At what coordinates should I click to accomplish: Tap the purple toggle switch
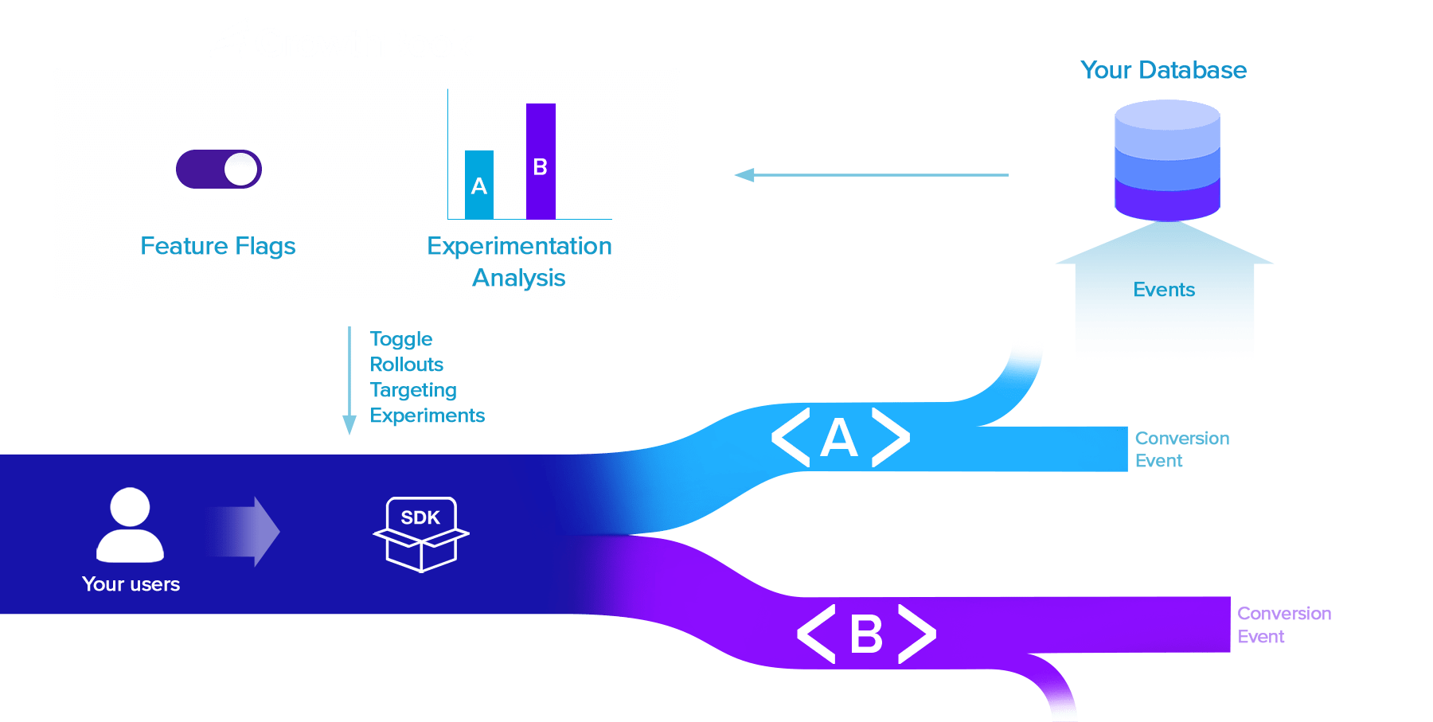(x=219, y=169)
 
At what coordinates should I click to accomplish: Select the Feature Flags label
(x=217, y=246)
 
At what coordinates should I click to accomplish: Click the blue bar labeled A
(x=479, y=185)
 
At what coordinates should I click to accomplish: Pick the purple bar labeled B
(x=541, y=161)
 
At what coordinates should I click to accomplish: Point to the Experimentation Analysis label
(x=519, y=261)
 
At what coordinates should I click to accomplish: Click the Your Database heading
(x=1163, y=70)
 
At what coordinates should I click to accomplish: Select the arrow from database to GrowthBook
(x=871, y=175)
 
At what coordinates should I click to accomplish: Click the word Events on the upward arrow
(x=1164, y=290)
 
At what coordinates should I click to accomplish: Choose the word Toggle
(x=400, y=339)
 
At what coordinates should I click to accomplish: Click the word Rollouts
(x=406, y=365)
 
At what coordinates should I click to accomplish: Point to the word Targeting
(x=413, y=390)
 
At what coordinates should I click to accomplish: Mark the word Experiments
(x=427, y=416)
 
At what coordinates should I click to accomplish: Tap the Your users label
(x=131, y=584)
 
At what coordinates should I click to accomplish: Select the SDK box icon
(x=420, y=533)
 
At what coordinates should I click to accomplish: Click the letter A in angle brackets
(x=839, y=438)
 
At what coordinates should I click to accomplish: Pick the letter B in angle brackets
(x=866, y=634)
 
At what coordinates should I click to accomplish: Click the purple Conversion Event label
(x=1283, y=625)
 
